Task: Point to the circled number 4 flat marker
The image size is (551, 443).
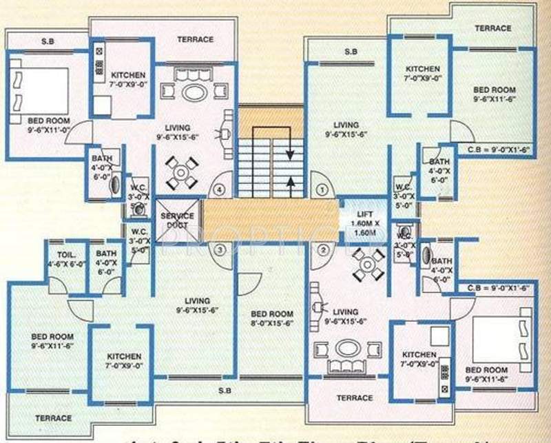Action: click(220, 187)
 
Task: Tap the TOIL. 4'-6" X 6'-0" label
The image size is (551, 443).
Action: click(65, 258)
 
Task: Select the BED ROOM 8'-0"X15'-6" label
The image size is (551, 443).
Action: click(271, 318)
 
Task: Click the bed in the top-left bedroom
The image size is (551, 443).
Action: click(39, 87)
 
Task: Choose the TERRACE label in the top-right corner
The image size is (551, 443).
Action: click(492, 28)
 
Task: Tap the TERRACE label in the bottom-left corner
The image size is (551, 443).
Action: click(53, 418)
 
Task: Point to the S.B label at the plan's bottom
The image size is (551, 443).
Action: click(224, 391)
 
